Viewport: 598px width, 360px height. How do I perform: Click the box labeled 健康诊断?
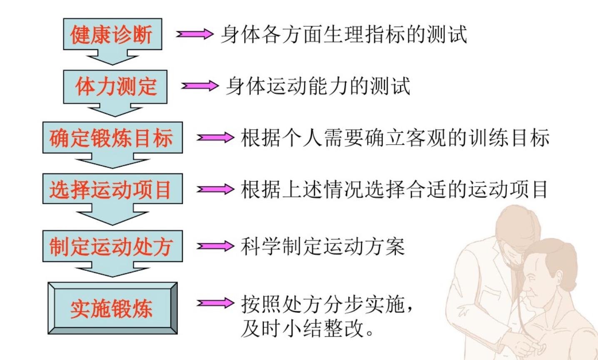coord(112,34)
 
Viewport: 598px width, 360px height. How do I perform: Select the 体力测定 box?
coord(115,87)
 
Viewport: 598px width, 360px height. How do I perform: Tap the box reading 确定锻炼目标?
coord(112,138)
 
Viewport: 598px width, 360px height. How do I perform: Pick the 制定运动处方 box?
coord(112,246)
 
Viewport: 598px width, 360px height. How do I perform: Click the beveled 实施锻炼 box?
coord(112,308)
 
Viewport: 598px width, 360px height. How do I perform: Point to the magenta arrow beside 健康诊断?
coord(194,34)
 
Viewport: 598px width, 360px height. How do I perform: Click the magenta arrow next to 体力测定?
coord(199,86)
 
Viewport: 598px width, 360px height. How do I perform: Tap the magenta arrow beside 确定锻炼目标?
coord(215,137)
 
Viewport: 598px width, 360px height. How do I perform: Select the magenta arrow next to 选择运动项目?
coord(215,190)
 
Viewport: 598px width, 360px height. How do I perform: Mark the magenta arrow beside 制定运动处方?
coord(215,246)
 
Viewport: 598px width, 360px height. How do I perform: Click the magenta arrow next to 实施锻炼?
coord(215,303)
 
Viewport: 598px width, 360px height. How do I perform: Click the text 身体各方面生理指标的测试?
coord(344,34)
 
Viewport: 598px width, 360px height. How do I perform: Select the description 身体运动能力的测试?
coord(318,86)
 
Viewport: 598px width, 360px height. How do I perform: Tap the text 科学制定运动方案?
coord(323,246)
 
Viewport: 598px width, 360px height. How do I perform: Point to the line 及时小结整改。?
coord(308,329)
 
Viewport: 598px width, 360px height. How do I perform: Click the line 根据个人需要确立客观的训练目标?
coord(395,138)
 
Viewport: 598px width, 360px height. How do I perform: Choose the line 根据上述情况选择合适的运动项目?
coord(394,190)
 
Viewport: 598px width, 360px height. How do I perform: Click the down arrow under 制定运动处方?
coord(112,270)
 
